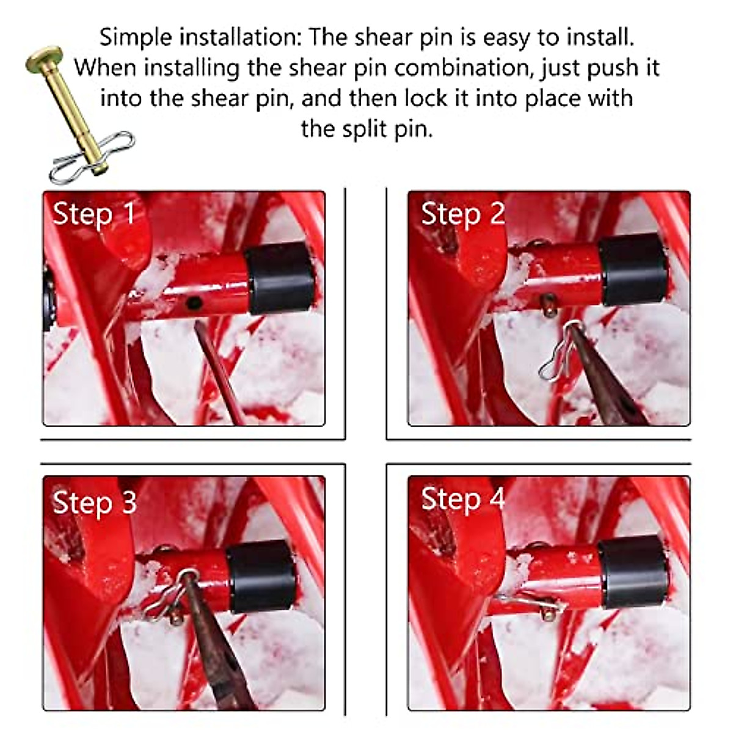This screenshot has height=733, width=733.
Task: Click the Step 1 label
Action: click(93, 214)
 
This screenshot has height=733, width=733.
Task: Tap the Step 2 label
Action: click(463, 215)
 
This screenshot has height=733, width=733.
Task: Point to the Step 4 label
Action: click(463, 499)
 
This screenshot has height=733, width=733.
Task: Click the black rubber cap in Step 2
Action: click(632, 269)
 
